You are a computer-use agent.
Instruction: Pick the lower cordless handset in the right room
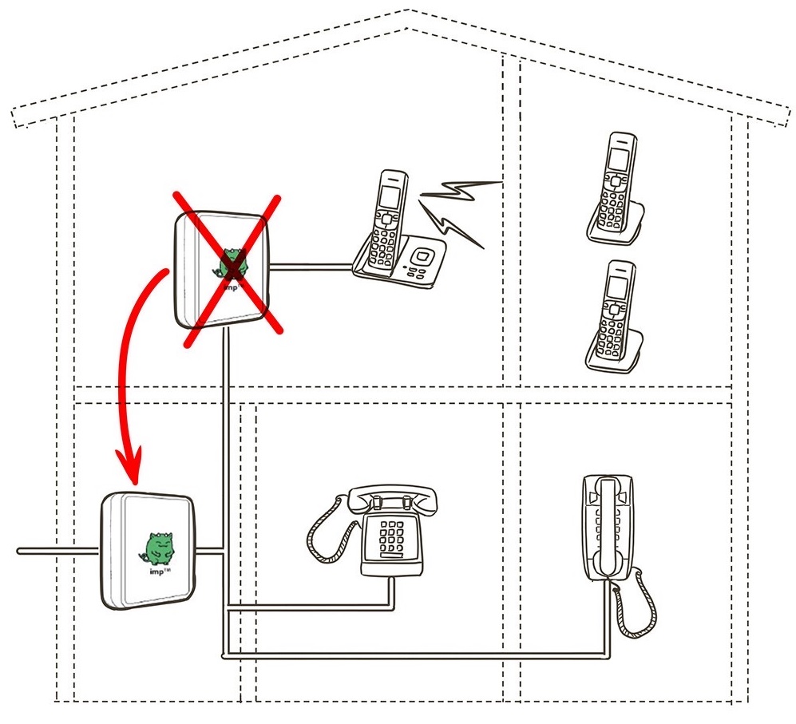[615, 316]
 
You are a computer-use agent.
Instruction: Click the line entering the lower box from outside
[56, 550]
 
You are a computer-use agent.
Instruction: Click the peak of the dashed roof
[409, 10]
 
